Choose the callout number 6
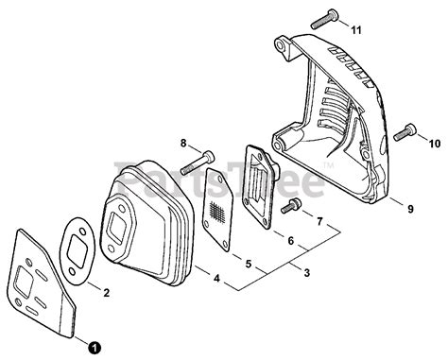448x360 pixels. tap(290, 242)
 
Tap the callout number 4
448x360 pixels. tap(216, 279)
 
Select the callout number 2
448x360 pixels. tap(105, 293)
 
